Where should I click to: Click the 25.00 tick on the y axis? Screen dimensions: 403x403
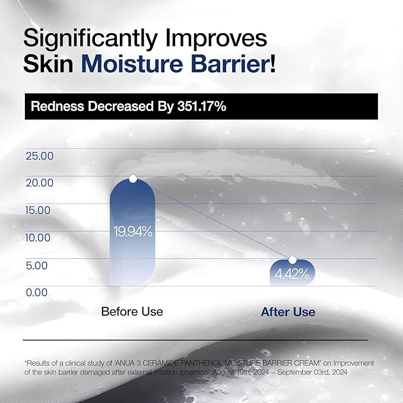coord(40,156)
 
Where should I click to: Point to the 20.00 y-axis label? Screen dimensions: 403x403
coord(40,183)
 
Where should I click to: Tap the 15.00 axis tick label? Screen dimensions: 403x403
coord(40,211)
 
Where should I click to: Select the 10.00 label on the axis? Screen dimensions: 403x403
coord(40,238)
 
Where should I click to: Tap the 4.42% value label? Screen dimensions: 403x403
coord(291,274)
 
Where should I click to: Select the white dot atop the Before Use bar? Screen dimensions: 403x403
coord(133,178)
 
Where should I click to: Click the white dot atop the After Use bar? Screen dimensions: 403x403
coord(292,260)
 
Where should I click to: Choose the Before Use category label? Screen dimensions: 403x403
coord(132,312)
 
